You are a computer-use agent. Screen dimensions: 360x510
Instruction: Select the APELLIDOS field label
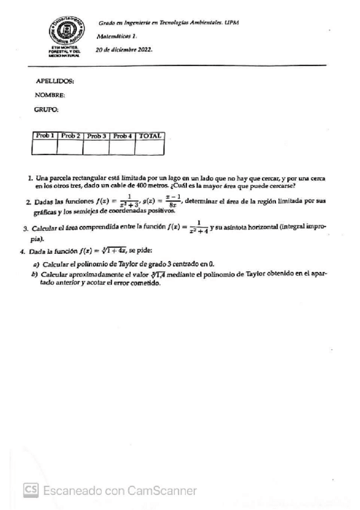[x=55, y=81]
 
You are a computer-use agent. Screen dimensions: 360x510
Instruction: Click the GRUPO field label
[x=47, y=109]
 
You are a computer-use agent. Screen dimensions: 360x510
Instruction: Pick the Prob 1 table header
[x=45, y=136]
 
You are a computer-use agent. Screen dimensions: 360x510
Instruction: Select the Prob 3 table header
[x=96, y=136]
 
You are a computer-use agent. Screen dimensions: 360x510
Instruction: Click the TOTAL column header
[x=150, y=136]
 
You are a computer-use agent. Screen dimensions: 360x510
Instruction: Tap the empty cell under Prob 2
[x=70, y=147]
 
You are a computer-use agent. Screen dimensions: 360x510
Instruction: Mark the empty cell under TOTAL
[x=150, y=147]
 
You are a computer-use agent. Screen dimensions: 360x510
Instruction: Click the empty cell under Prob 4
[x=123, y=147]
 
